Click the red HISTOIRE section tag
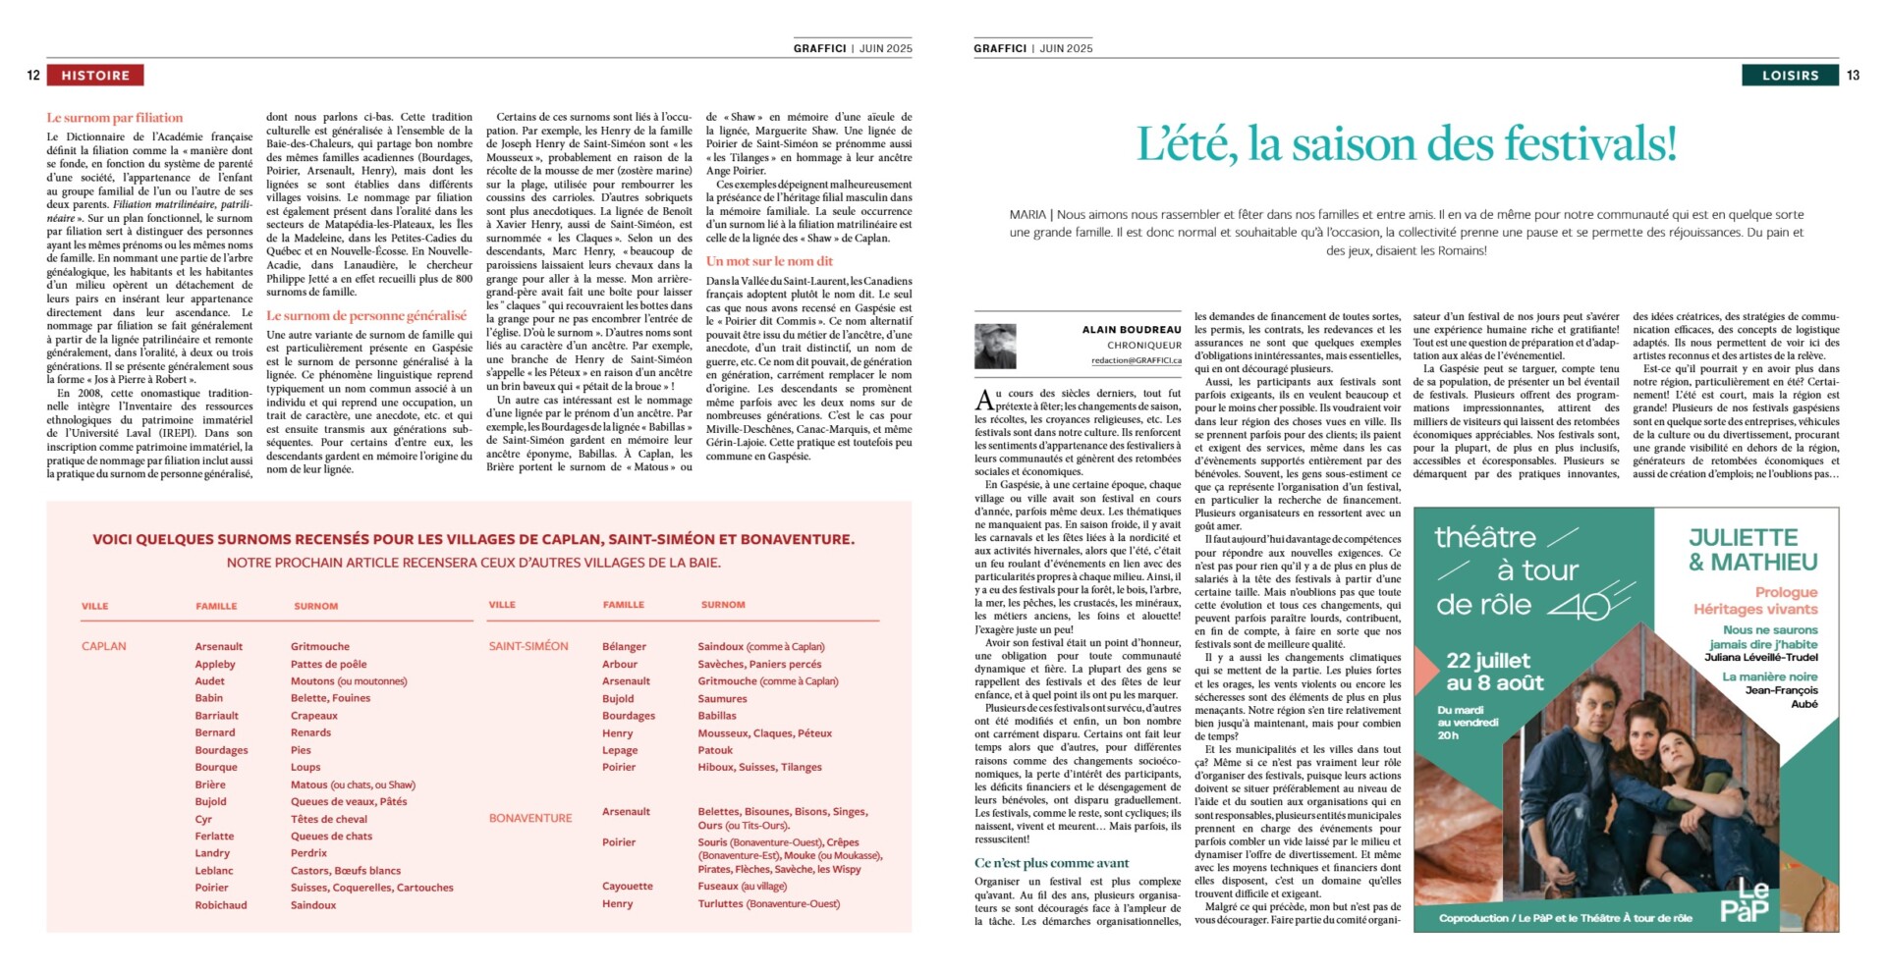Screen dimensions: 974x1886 (x=95, y=76)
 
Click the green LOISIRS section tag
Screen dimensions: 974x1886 (x=1790, y=76)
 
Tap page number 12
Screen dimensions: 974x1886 (x=33, y=76)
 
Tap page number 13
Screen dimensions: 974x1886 (x=1853, y=76)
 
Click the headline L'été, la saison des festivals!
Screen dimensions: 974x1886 (x=1406, y=144)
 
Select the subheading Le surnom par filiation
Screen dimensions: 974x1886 (x=115, y=118)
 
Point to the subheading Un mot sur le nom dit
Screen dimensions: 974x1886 (x=769, y=261)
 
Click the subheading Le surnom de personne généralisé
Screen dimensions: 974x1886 (x=366, y=316)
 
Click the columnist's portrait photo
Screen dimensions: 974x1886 (x=995, y=347)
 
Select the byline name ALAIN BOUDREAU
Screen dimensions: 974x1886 (x=1132, y=330)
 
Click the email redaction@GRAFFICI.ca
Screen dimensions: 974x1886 (x=1136, y=360)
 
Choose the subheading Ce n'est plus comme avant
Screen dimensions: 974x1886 (x=1052, y=863)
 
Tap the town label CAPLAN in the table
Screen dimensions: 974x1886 (x=104, y=646)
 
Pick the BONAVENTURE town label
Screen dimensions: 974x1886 (x=530, y=818)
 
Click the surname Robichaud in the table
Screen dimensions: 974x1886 (x=221, y=905)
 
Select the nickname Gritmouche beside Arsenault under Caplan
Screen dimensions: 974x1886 (x=320, y=647)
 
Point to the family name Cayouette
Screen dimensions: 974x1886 (x=628, y=887)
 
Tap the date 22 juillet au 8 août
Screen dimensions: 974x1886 (x=1494, y=672)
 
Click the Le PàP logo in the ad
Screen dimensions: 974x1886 (x=1745, y=901)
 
